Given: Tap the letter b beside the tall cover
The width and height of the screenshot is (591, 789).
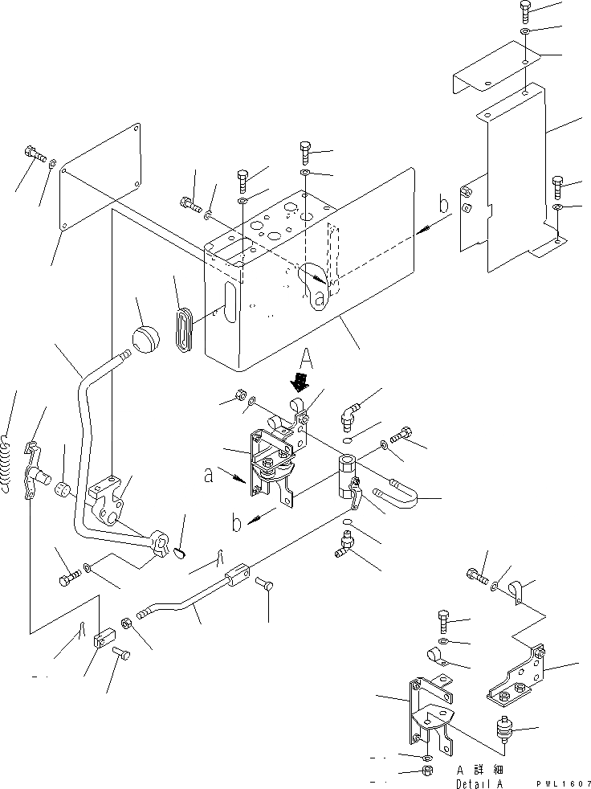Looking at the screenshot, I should pyautogui.click(x=443, y=206).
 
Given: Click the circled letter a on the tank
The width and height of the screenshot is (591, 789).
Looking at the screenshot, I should pyautogui.click(x=320, y=299).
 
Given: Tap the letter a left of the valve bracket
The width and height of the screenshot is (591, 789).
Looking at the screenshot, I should pyautogui.click(x=209, y=475).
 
